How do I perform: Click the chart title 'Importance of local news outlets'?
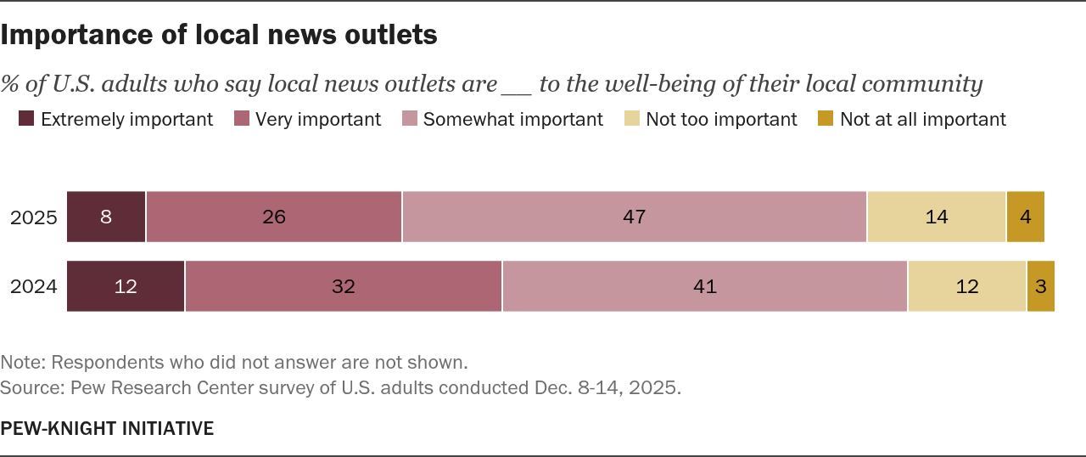click(219, 35)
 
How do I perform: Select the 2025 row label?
click(34, 217)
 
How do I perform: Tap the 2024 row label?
click(34, 287)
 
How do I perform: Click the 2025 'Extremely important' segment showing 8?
click(106, 217)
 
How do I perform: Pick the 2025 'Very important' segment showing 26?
click(274, 217)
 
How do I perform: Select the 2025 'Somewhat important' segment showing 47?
click(635, 217)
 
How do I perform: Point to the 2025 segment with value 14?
click(937, 217)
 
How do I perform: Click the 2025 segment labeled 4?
click(1026, 217)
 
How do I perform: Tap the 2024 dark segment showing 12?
click(126, 287)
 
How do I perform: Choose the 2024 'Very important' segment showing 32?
click(344, 287)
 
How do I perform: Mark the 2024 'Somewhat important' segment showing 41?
click(705, 287)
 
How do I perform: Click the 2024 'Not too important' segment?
click(967, 287)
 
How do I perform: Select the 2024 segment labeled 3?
click(1041, 287)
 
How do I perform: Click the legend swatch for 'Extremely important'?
click(26, 120)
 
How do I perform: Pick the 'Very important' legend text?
click(318, 120)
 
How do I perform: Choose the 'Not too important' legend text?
click(721, 120)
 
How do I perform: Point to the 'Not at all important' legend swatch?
click(826, 120)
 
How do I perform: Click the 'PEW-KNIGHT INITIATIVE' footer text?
click(107, 429)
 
